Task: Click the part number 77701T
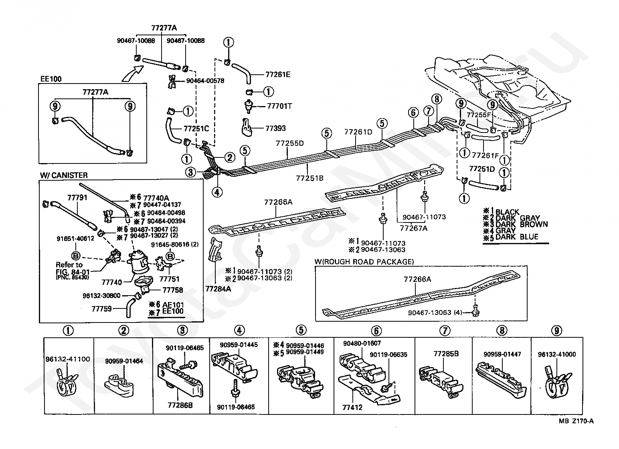279,106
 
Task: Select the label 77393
275,128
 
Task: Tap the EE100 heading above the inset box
51,79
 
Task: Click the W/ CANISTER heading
64,175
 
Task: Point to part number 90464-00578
205,81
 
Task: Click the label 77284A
218,289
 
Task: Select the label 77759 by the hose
101,309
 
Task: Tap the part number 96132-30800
101,296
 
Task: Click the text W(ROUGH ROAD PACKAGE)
364,261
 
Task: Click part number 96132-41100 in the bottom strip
68,359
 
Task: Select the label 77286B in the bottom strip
180,405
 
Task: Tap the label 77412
352,408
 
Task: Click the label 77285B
446,354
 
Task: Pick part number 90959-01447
502,354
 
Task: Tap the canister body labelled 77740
138,261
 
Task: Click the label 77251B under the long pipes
309,178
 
